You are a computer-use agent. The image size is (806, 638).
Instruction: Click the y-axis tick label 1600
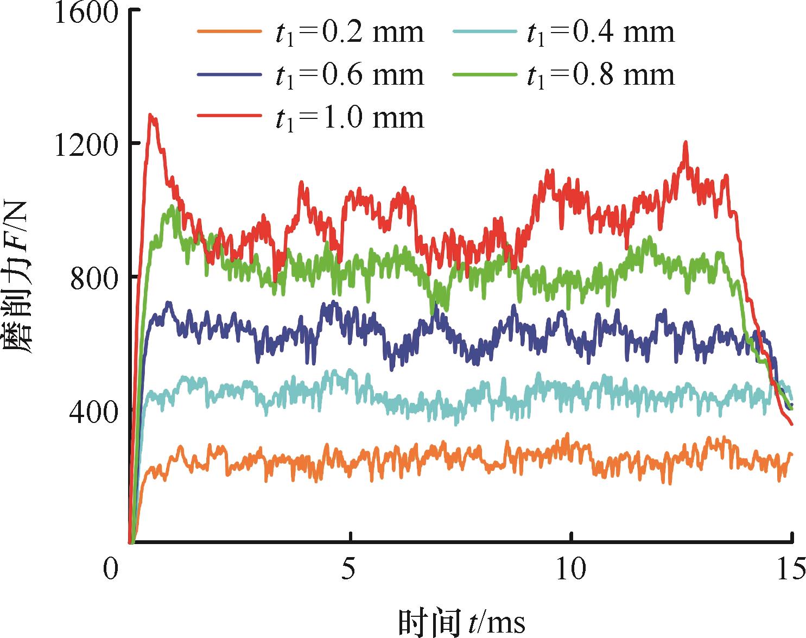[86, 13]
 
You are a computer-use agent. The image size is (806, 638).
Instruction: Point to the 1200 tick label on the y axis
[86, 146]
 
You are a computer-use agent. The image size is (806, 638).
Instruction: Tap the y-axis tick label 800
[93, 279]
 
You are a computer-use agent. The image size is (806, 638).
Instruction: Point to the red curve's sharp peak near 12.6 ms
[686, 142]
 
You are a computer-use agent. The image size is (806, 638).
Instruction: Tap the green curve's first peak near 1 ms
[172, 206]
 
